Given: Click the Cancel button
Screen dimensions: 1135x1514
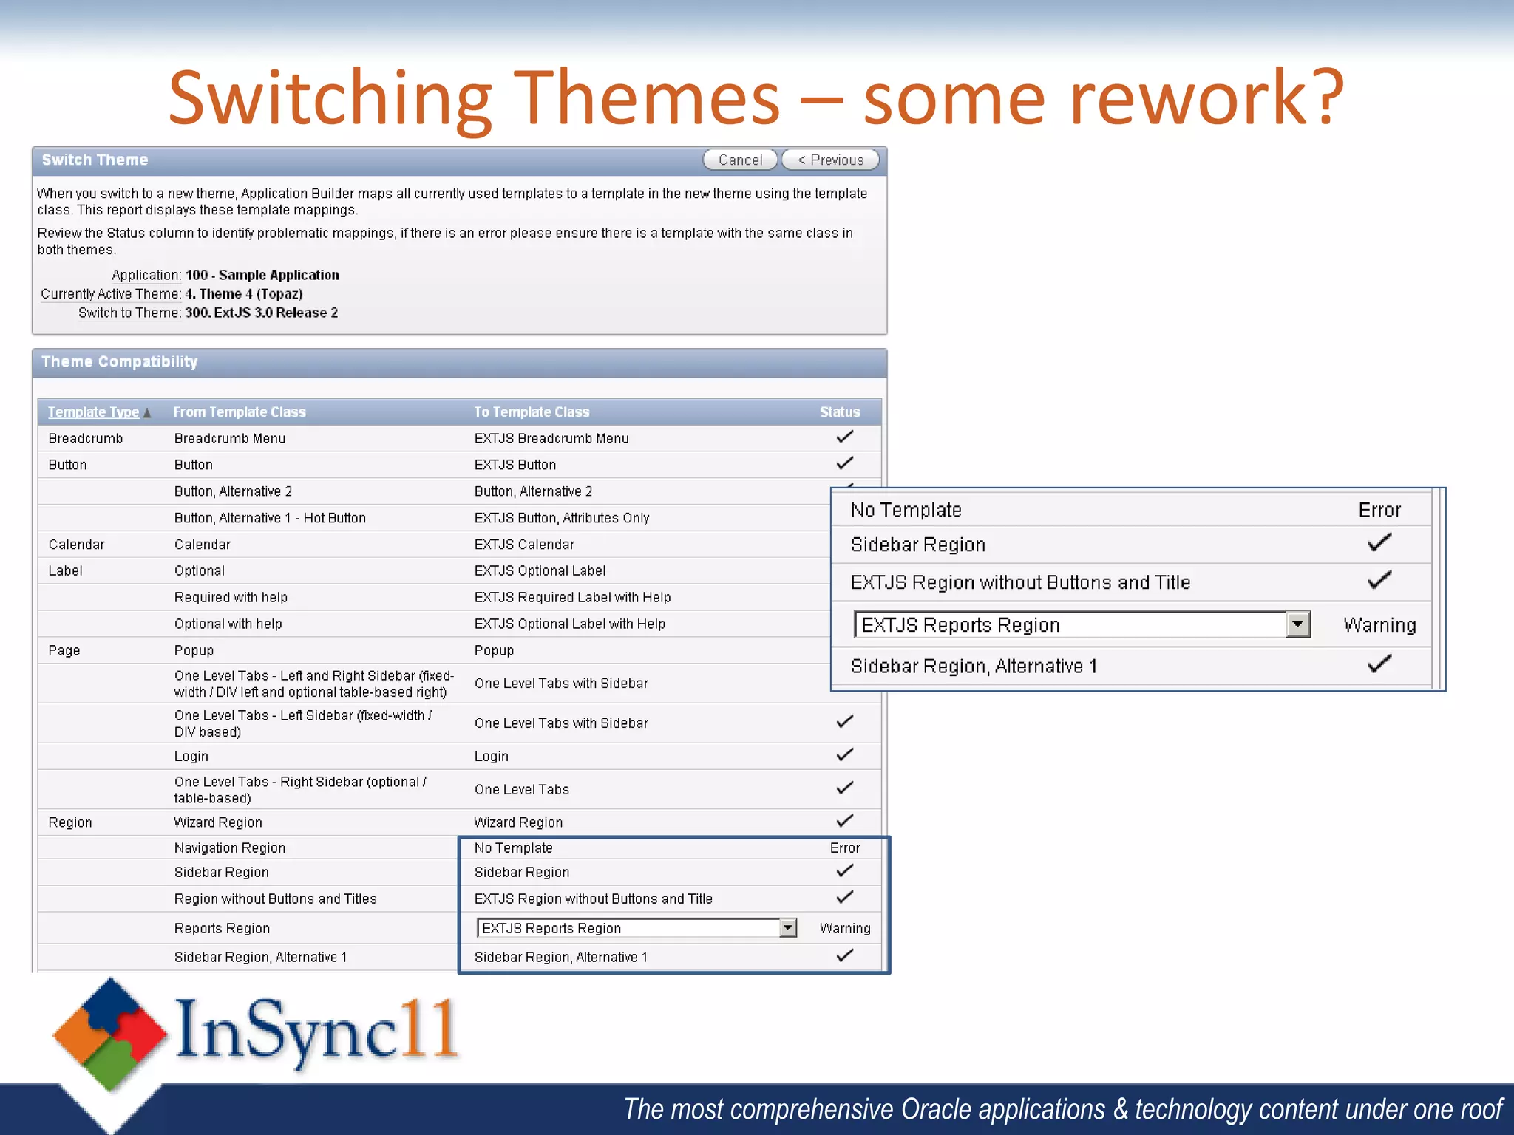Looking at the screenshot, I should pos(739,160).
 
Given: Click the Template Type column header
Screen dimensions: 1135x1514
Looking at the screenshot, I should pos(93,412).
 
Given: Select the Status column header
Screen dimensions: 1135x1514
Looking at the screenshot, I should pos(839,412).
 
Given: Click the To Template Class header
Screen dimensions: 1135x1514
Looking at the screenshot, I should pos(532,412).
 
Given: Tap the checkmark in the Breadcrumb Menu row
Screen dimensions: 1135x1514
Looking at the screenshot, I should pos(844,437).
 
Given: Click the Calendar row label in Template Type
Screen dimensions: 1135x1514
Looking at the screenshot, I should pos(76,545).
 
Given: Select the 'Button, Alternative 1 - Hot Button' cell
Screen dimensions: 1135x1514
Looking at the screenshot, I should pos(270,518).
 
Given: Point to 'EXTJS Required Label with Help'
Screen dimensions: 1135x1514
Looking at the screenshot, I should pos(572,597).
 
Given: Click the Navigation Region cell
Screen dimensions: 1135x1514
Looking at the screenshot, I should pos(229,848).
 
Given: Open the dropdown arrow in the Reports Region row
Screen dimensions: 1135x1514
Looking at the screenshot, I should pos(788,927).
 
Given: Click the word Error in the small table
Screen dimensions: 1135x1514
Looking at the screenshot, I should pos(844,848).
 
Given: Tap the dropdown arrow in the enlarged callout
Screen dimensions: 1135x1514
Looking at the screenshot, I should pos(1297,624).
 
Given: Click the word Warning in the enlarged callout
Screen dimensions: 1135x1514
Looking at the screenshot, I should pos(1379,625).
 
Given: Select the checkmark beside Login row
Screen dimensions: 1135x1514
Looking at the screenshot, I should pos(844,755).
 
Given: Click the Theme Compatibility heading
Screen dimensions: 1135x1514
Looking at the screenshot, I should pos(120,362).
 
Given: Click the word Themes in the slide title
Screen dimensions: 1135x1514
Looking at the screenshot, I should pos(646,98).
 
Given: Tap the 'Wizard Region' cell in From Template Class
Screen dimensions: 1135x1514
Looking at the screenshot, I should pos(217,822).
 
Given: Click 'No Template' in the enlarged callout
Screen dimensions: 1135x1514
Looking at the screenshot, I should pos(906,510).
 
